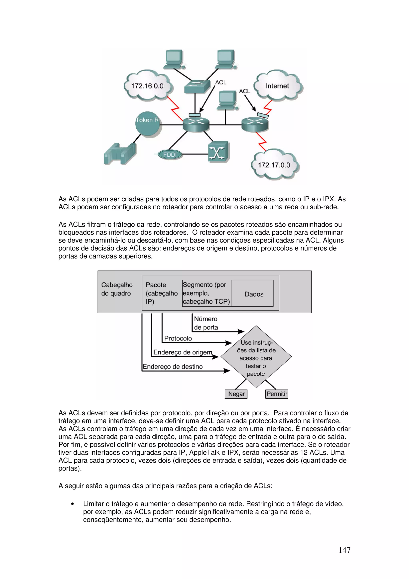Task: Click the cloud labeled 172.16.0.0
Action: click(x=147, y=86)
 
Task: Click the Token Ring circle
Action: click(x=147, y=124)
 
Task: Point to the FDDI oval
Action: click(x=170, y=155)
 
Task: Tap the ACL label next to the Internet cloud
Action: click(x=244, y=91)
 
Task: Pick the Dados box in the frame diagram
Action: click(x=254, y=294)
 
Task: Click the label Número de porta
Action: click(x=206, y=323)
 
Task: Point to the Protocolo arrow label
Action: click(x=178, y=338)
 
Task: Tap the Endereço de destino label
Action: click(x=173, y=366)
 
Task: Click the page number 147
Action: click(x=344, y=550)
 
